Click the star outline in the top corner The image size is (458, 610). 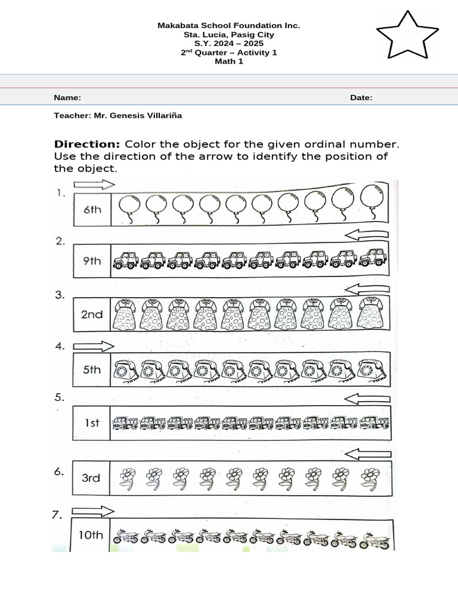[x=407, y=36]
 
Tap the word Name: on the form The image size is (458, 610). [x=67, y=98]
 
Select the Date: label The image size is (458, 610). [x=361, y=98]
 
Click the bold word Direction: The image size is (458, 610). [x=87, y=144]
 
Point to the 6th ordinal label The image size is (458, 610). [x=92, y=210]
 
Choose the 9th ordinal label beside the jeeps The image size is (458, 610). [x=92, y=260]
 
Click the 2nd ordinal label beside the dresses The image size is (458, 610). [x=92, y=314]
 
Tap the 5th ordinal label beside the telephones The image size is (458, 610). [x=92, y=369]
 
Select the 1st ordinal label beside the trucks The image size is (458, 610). [x=92, y=423]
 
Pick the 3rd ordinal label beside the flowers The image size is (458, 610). [x=91, y=478]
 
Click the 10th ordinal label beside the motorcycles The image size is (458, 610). [x=91, y=535]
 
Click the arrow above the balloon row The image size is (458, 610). [x=94, y=185]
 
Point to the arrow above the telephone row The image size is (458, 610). [x=94, y=346]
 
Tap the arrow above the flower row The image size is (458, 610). [x=368, y=455]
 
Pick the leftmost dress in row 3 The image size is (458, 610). [x=125, y=314]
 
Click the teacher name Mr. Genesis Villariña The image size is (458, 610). [x=138, y=116]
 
